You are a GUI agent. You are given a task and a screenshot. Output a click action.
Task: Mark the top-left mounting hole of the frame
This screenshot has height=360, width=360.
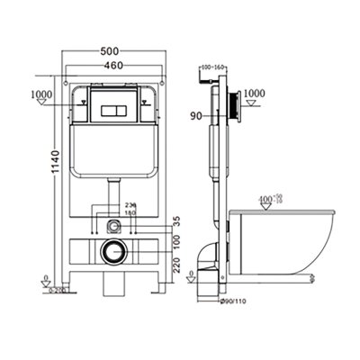pos(72,103)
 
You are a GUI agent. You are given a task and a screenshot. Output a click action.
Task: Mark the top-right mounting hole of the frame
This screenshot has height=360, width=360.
pos(155,103)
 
